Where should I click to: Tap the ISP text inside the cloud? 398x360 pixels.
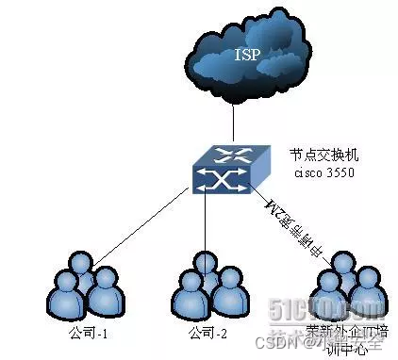click(x=246, y=54)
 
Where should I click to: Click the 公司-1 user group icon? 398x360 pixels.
click(x=87, y=288)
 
